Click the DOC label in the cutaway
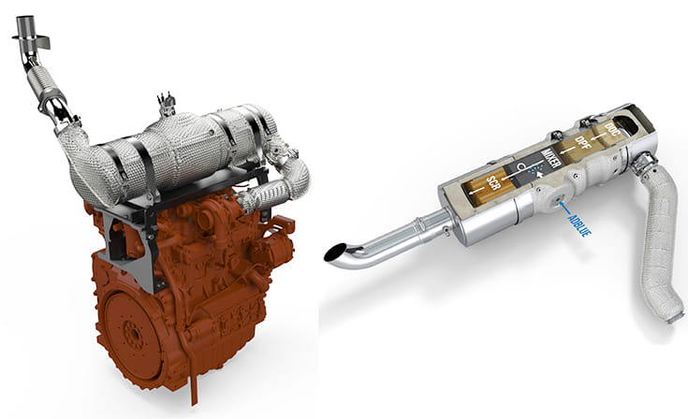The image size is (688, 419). [610, 129]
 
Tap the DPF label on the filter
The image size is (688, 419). [582, 143]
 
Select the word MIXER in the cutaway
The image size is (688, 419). [551, 159]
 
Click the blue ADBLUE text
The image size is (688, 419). [579, 224]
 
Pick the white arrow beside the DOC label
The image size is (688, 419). [597, 138]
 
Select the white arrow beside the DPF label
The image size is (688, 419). [568, 152]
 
